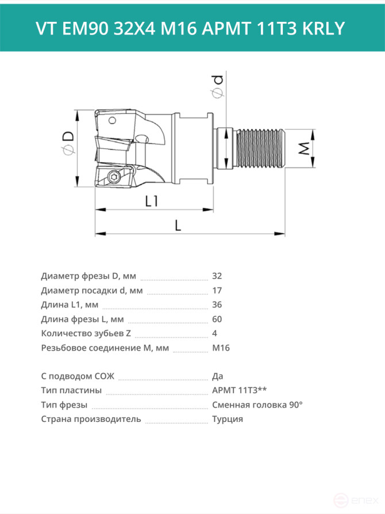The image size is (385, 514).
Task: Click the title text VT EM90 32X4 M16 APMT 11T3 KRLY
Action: tap(190, 28)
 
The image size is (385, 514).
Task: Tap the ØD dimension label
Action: tap(68, 143)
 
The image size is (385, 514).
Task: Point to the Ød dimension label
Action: tap(217, 86)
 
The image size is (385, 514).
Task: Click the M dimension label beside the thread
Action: tap(305, 148)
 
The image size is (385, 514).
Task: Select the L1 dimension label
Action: tap(152, 201)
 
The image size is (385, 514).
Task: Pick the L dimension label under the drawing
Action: tap(178, 225)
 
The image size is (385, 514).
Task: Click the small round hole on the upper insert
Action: tap(112, 120)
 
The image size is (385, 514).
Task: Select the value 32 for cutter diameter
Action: tap(217, 276)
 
